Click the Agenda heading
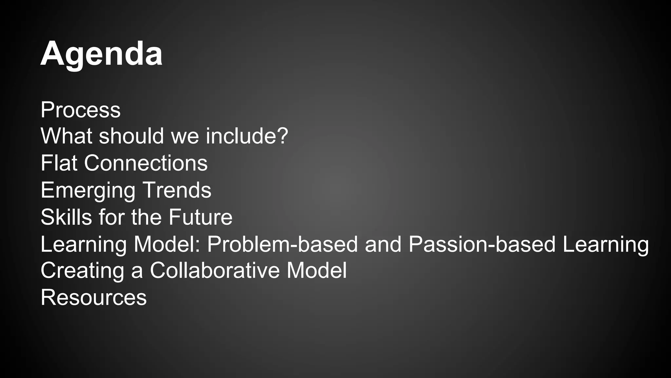pos(101,54)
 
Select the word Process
pos(81,110)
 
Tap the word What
pos(67,136)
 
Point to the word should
pos(131,136)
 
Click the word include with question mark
pos(247,136)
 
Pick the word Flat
pos(59,163)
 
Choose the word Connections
pos(146,163)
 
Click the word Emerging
pos(88,191)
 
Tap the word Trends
pos(177,190)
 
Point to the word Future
pos(201,217)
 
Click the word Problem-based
pos(282,244)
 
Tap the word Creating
pos(82,271)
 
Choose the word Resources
pos(94,298)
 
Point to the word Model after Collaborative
pos(316,271)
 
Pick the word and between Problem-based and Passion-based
pos(383,244)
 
